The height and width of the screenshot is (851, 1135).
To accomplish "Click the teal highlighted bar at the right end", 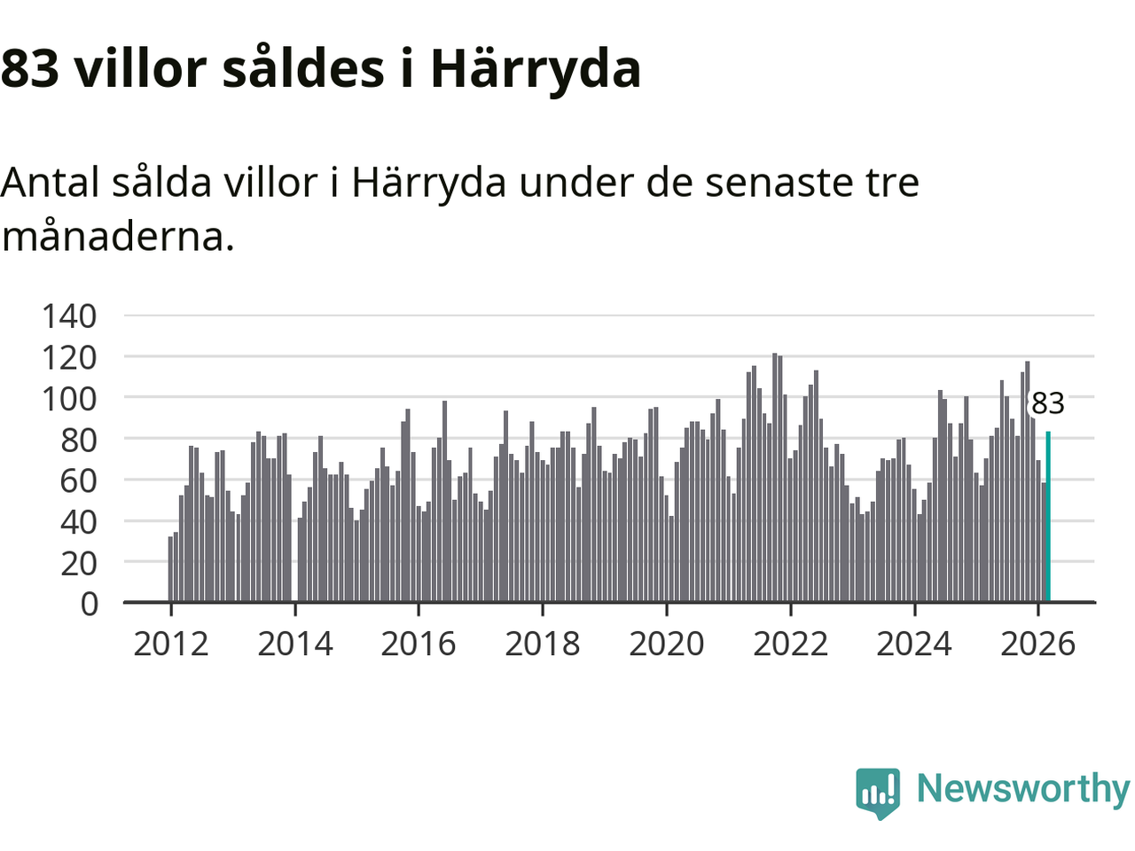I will point(1048,517).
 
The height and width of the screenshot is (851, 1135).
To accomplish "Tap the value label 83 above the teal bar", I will point(1047,403).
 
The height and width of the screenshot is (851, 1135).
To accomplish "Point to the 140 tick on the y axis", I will point(69,316).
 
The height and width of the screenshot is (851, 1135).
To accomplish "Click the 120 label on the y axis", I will point(69,357).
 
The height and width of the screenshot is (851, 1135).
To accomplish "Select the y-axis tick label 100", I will point(69,398).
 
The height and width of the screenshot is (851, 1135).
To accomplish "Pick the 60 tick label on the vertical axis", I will point(78,480).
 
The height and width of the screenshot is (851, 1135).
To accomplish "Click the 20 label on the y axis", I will point(78,562).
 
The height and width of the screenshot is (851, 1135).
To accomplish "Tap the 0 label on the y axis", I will point(89,604).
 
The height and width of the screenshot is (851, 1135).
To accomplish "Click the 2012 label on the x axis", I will point(171,644).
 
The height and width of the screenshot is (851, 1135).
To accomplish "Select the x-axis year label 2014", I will point(295,644).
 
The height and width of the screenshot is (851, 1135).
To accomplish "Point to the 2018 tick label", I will point(543,644).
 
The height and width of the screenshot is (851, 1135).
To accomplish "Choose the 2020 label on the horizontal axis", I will point(667,644).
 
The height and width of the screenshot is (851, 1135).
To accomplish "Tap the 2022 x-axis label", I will point(790,644).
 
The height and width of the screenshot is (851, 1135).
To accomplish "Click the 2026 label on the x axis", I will point(1037,644).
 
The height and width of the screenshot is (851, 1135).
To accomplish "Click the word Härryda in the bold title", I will point(536,68).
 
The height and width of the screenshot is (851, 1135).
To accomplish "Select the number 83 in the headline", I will point(30,68).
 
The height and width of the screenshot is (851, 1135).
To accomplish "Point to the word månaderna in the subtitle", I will point(118,236).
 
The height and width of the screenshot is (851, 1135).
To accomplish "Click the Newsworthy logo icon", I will point(878,792).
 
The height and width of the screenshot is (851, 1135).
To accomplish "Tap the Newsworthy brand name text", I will point(1023,788).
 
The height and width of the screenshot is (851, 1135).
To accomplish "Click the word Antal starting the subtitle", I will point(51,183).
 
